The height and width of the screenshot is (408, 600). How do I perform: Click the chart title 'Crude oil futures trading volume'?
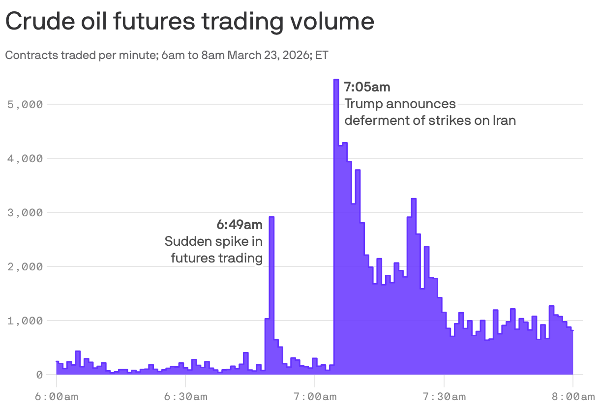pyautogui.click(x=189, y=22)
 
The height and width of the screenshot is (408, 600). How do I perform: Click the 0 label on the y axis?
pyautogui.click(x=40, y=375)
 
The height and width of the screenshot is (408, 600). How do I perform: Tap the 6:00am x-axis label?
pyautogui.click(x=57, y=397)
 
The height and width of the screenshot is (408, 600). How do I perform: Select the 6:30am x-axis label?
pyautogui.click(x=185, y=397)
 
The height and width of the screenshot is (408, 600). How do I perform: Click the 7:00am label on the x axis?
pyautogui.click(x=315, y=397)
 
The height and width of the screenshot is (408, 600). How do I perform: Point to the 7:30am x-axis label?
pyautogui.click(x=444, y=397)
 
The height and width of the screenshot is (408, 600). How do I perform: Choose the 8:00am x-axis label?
pyautogui.click(x=573, y=397)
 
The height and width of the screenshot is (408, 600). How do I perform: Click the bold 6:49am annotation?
pyautogui.click(x=240, y=225)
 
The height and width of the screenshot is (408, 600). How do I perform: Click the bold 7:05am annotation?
pyautogui.click(x=367, y=87)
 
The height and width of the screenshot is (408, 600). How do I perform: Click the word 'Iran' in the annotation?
pyautogui.click(x=504, y=120)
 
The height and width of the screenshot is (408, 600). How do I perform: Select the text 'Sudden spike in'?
pyautogui.click(x=213, y=241)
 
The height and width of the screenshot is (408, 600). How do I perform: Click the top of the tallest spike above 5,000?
pyautogui.click(x=336, y=80)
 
